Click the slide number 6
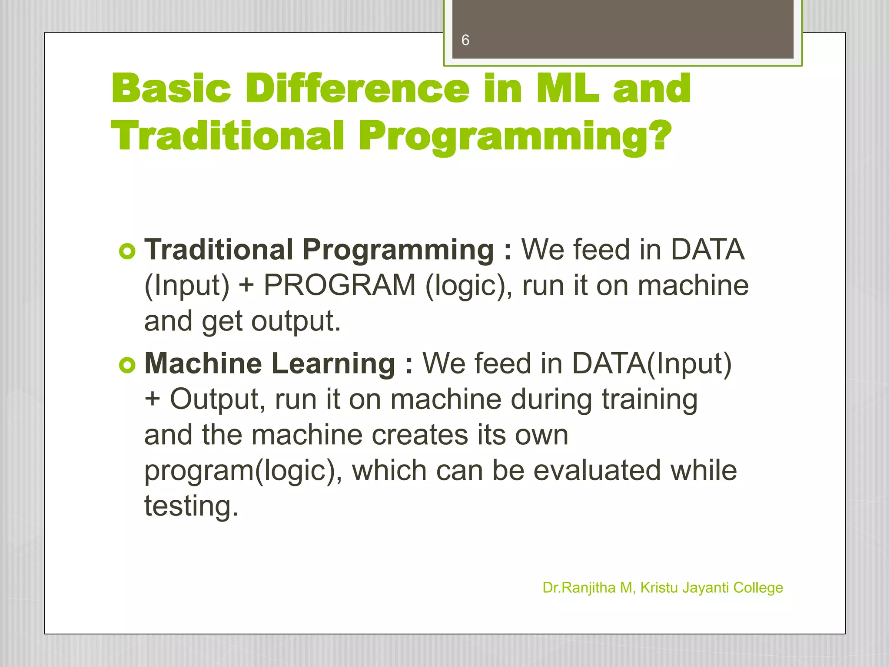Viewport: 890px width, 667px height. coord(465,40)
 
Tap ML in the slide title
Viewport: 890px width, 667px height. coord(566,89)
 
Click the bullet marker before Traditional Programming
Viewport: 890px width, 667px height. coord(127,251)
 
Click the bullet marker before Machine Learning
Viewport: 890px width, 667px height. coord(127,365)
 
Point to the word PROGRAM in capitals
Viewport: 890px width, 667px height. coord(339,286)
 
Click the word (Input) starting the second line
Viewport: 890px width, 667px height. coord(187,286)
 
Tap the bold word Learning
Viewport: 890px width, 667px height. coord(333,363)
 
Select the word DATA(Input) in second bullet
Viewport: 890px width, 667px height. coord(651,363)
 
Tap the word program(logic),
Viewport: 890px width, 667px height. coord(243,471)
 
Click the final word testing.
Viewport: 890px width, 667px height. coord(191,507)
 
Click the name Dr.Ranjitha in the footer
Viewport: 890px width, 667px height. coord(579,588)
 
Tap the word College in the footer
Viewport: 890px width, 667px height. coord(758,588)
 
